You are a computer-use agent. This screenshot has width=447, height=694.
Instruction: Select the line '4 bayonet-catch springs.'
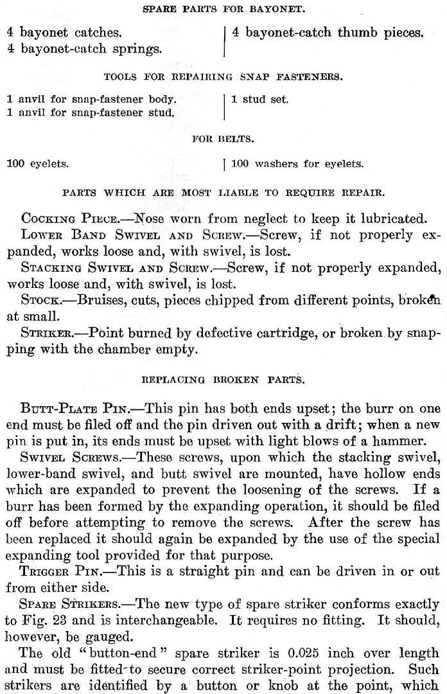(x=83, y=47)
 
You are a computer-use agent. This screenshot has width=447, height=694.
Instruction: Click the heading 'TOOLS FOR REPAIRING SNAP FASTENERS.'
(x=223, y=77)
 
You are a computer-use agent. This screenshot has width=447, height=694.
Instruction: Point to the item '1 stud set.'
(x=260, y=100)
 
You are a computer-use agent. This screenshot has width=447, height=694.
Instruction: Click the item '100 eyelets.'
(x=37, y=164)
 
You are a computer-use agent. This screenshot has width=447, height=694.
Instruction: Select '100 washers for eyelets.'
(x=297, y=164)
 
